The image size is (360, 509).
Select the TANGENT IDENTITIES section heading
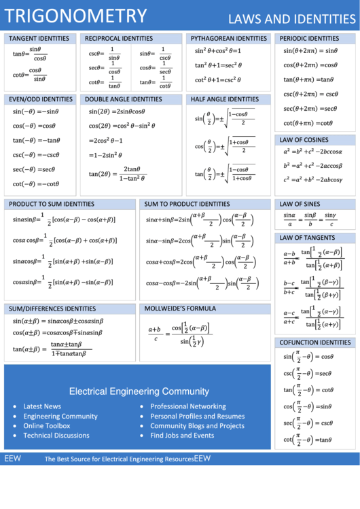click(39, 39)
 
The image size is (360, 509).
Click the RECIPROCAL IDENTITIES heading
click(119, 39)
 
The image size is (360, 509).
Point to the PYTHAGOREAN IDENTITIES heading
click(228, 39)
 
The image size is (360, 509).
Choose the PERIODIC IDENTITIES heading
click(310, 39)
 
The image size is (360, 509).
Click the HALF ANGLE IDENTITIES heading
click(225, 99)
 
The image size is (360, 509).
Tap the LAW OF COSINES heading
click(304, 140)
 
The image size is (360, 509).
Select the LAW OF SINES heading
click(300, 204)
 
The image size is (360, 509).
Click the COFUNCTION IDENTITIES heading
click(315, 343)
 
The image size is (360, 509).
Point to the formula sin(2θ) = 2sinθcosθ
click(117, 112)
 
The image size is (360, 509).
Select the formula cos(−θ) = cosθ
click(34, 126)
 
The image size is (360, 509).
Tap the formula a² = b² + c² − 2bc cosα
click(312, 152)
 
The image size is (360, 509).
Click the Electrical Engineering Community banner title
click(139, 391)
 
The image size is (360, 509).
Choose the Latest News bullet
click(42, 406)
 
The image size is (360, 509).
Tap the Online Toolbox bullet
click(47, 426)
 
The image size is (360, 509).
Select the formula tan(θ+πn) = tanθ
click(308, 80)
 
